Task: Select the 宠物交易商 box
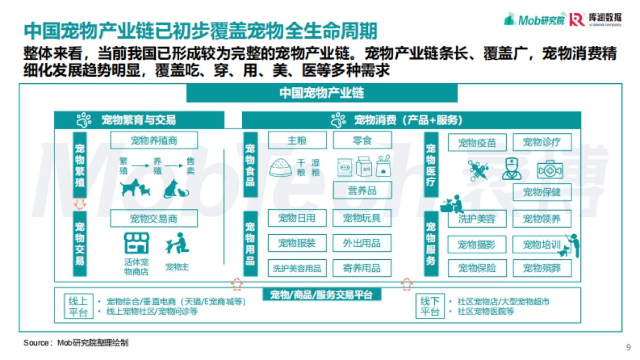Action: [154, 219]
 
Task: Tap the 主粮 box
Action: [297, 141]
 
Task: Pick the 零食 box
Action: [362, 141]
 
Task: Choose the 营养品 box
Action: [362, 190]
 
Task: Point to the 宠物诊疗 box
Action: [542, 142]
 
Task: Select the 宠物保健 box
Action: [542, 192]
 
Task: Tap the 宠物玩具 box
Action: [362, 218]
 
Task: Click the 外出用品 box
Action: [362, 243]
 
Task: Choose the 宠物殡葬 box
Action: [542, 268]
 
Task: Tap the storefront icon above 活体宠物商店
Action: [137, 243]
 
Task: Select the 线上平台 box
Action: [78, 306]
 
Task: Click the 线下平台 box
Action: [430, 306]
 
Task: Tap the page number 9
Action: [628, 348]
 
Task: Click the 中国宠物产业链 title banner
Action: [322, 93]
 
